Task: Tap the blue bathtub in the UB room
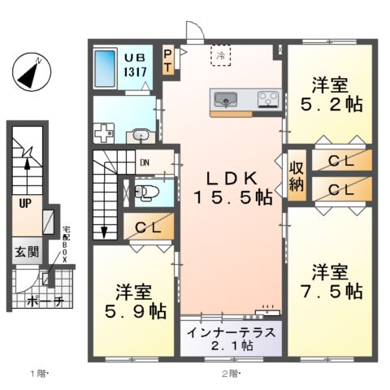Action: [x=105, y=71]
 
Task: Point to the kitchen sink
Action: [x=225, y=101]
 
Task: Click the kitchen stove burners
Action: [x=267, y=101]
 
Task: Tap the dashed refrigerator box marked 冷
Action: [x=221, y=55]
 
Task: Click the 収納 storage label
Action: [x=297, y=174]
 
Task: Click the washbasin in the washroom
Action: [x=141, y=135]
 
